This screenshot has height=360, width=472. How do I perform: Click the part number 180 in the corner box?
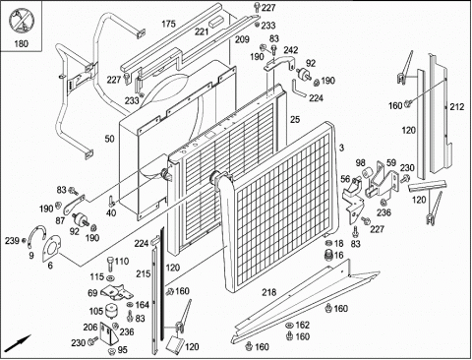coord(21,43)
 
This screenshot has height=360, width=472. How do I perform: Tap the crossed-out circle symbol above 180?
coord(21,22)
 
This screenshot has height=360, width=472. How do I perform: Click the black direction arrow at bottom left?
coord(19,343)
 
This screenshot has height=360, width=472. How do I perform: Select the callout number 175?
coord(168,24)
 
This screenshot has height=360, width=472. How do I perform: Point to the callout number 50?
coord(109,139)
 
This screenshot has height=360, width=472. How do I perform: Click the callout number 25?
coord(295,120)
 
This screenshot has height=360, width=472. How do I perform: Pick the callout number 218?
coord(269,292)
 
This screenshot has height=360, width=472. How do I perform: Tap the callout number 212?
coord(457,107)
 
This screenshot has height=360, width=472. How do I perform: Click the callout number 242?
coord(291,50)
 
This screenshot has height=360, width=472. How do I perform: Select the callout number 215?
coord(144,273)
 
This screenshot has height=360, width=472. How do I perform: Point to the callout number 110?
coord(122,262)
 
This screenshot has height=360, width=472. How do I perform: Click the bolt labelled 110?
coord(110,264)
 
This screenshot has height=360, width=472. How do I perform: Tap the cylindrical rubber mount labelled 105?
coord(111,311)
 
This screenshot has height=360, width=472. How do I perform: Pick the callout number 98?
coord(360,162)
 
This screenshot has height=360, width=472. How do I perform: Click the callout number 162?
coord(302,325)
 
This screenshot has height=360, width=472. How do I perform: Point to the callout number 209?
coord(242,39)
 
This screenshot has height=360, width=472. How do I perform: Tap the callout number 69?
coord(92,293)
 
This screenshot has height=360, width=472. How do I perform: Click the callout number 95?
coord(122,350)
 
